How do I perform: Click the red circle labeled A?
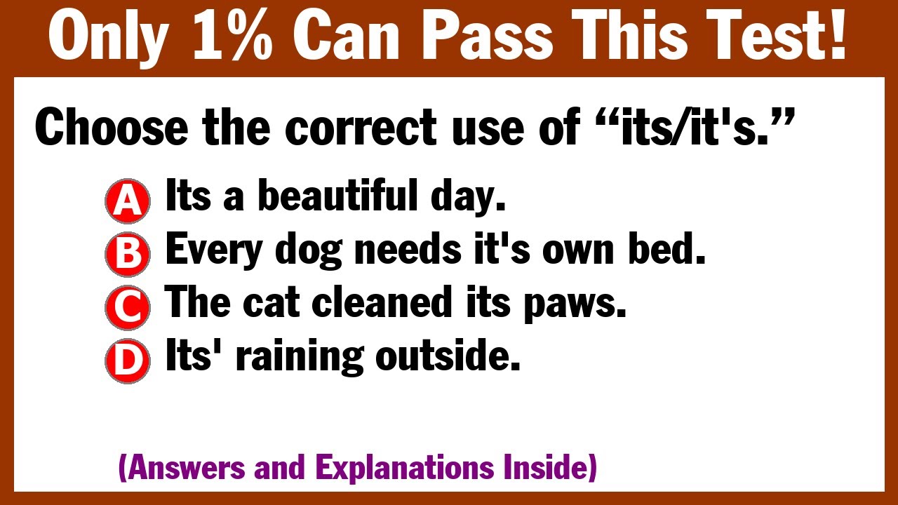coord(127,201)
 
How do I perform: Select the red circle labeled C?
coord(127,307)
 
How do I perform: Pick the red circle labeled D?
coord(127,361)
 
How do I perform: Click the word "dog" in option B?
coord(309,250)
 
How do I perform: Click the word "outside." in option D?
coord(448,357)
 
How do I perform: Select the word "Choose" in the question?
coord(110,129)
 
